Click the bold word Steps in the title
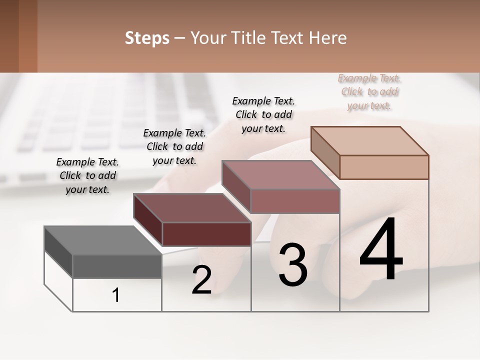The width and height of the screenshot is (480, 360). pyautogui.click(x=147, y=38)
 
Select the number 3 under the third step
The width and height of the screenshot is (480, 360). pyautogui.click(x=292, y=265)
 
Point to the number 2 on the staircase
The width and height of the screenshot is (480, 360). pyautogui.click(x=201, y=280)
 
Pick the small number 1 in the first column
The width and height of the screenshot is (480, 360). pyautogui.click(x=116, y=295)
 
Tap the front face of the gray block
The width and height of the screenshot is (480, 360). pyautogui.click(x=117, y=266)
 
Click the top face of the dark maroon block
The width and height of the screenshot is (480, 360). pyautogui.click(x=192, y=208)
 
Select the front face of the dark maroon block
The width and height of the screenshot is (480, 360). pyautogui.click(x=206, y=234)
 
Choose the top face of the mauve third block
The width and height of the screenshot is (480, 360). pyautogui.click(x=280, y=175)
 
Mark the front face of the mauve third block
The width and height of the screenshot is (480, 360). pyautogui.click(x=295, y=201)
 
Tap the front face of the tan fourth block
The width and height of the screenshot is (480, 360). pyautogui.click(x=384, y=167)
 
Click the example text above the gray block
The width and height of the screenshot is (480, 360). pyautogui.click(x=87, y=175)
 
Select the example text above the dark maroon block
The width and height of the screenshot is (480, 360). pyautogui.click(x=174, y=146)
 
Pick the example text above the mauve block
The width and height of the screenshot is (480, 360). pyautogui.click(x=263, y=114)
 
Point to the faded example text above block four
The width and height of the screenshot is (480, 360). pyautogui.click(x=370, y=92)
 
